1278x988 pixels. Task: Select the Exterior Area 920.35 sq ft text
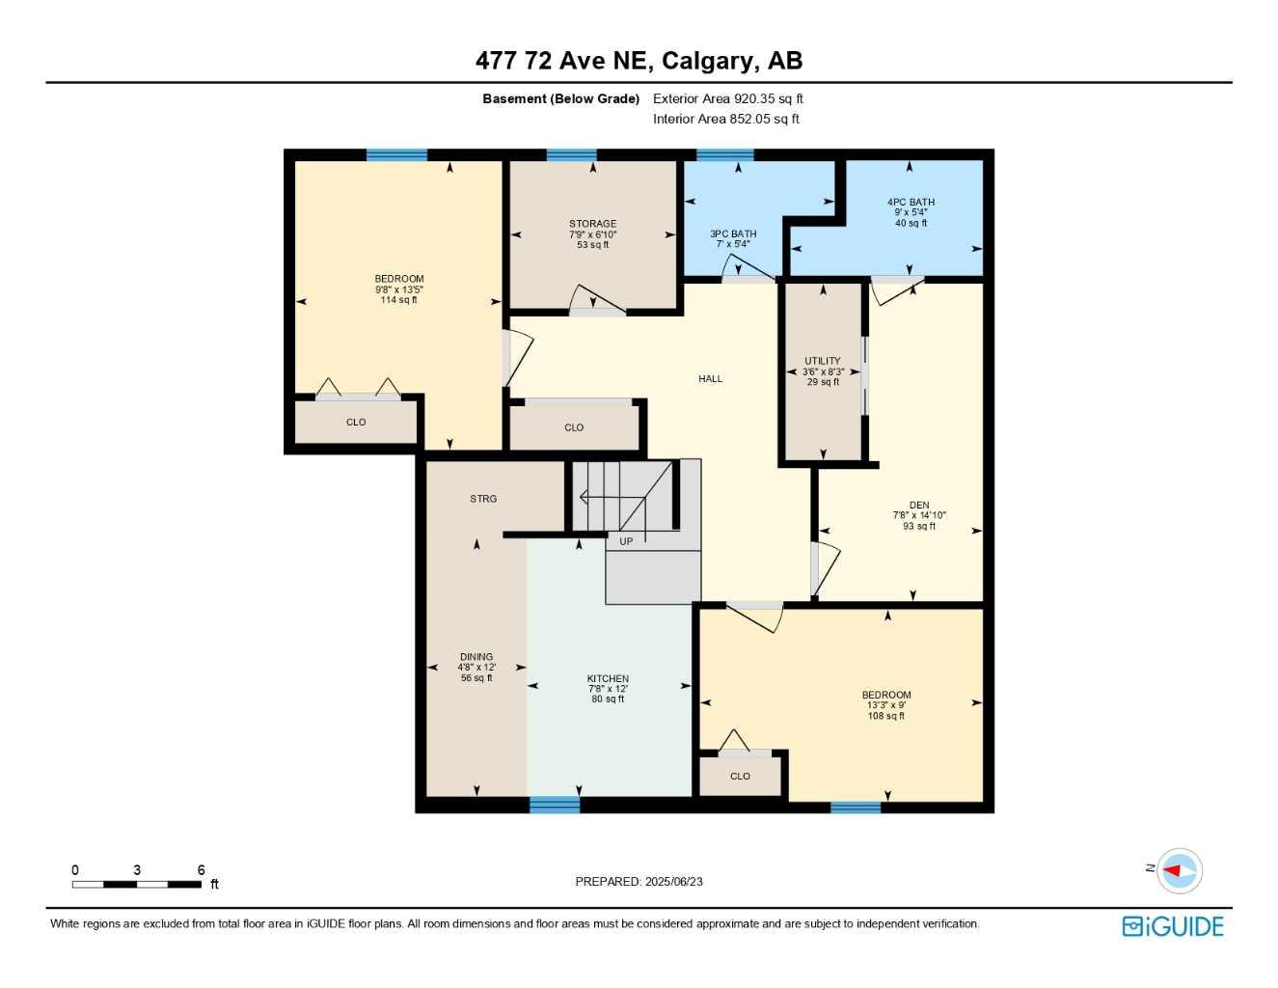click(x=727, y=98)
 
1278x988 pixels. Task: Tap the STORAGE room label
click(x=592, y=224)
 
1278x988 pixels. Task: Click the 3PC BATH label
click(x=733, y=233)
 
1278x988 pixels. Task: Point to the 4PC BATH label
click(x=911, y=203)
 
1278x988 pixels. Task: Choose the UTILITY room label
click(x=823, y=361)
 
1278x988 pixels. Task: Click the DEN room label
click(x=919, y=505)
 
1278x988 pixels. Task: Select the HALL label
click(x=710, y=379)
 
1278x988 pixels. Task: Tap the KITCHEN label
click(x=608, y=678)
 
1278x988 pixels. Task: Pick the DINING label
click(x=476, y=657)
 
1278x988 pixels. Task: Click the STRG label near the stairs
click(x=483, y=499)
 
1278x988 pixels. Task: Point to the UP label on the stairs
click(x=626, y=541)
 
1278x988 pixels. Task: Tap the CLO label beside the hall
click(x=574, y=427)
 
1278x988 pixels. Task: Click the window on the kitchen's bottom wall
click(x=555, y=805)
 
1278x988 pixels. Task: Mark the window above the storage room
click(x=571, y=154)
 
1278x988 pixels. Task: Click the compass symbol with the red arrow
click(x=1179, y=870)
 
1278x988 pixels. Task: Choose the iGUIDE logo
click(x=1173, y=926)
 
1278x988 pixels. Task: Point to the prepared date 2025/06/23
click(x=639, y=881)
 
